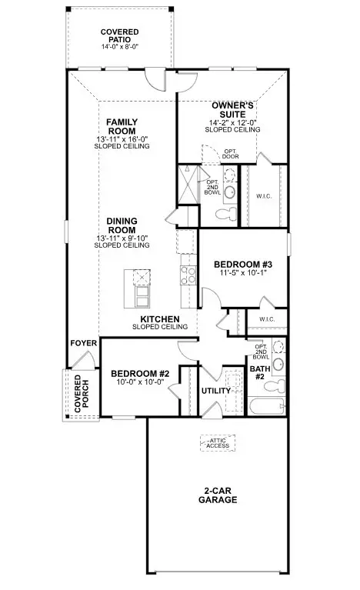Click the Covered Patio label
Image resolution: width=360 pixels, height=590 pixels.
pyautogui.click(x=120, y=35)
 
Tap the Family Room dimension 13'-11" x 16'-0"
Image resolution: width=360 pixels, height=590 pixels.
pyautogui.click(x=122, y=138)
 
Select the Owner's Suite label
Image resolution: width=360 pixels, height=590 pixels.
pyautogui.click(x=232, y=110)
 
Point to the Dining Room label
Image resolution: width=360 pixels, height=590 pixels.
pyautogui.click(x=122, y=225)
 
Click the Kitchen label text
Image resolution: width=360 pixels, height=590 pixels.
pyautogui.click(x=160, y=319)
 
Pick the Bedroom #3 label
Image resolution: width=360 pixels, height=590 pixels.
pyautogui.click(x=243, y=265)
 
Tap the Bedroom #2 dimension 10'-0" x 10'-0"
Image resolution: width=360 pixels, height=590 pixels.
pyautogui.click(x=140, y=382)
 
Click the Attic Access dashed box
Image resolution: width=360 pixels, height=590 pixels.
pyautogui.click(x=218, y=443)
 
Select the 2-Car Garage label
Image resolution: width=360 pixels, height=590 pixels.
pyautogui.click(x=218, y=495)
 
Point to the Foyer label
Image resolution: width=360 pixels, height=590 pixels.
pyautogui.click(x=84, y=343)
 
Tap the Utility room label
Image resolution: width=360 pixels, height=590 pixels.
pyautogui.click(x=216, y=391)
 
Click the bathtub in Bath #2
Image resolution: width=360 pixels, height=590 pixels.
pyautogui.click(x=266, y=406)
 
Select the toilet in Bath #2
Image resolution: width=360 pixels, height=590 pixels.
pyautogui.click(x=275, y=386)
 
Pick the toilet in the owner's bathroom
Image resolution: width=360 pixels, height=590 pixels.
pyautogui.click(x=226, y=215)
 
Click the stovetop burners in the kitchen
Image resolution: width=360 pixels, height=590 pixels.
pyautogui.click(x=188, y=275)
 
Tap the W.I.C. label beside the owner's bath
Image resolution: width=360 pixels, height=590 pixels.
pyautogui.click(x=264, y=196)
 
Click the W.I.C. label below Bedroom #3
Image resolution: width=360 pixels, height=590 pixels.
pyautogui.click(x=267, y=319)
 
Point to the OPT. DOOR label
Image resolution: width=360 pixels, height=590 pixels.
pyautogui.click(x=230, y=154)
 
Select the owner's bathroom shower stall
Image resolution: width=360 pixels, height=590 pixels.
pyautogui.click(x=188, y=185)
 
